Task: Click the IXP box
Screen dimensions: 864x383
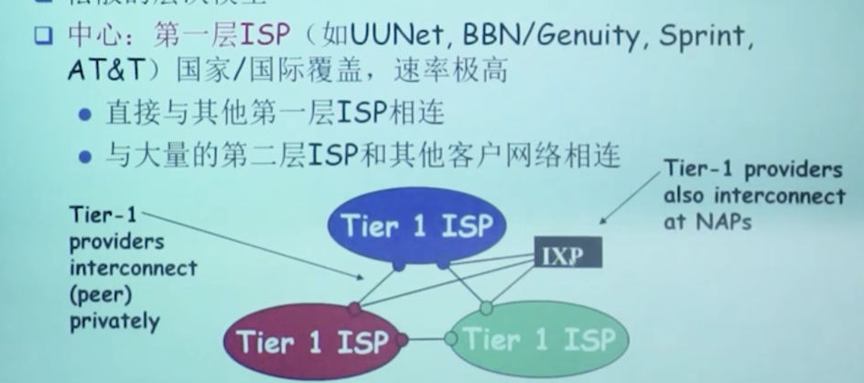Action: tap(567, 252)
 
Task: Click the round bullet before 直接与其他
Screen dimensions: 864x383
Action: tap(85, 115)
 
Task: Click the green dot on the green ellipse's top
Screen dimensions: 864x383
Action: tap(487, 308)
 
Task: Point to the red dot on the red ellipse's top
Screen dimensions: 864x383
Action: tap(355, 309)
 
